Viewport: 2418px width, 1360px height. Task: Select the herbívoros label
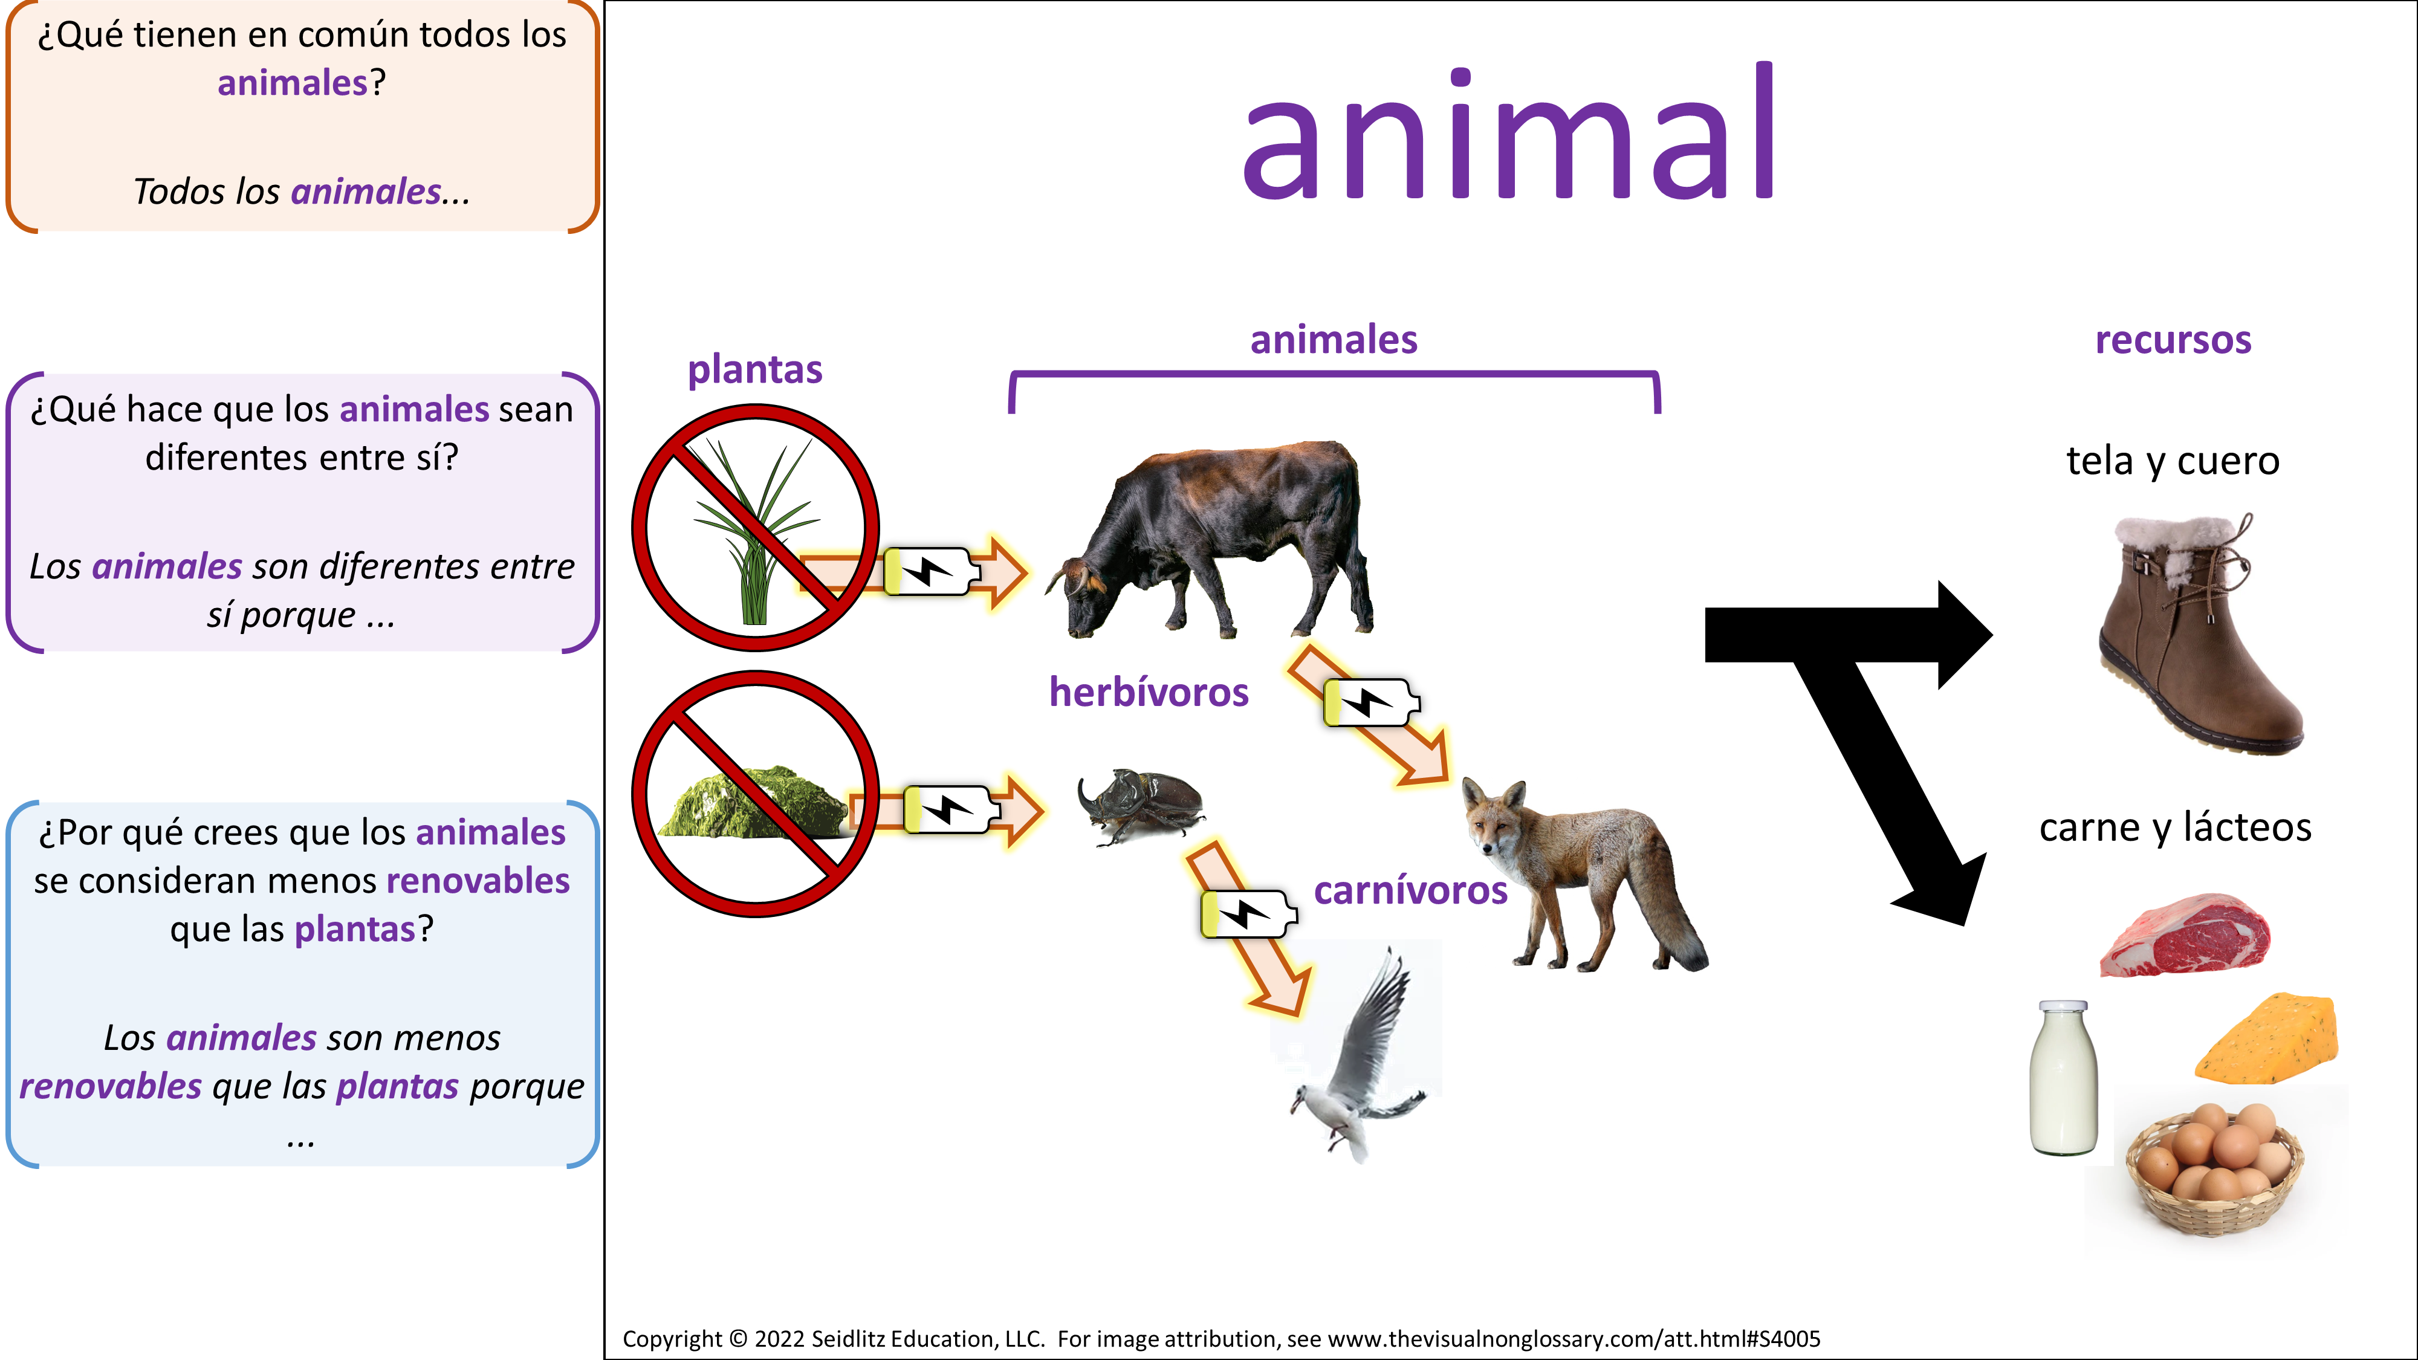1149,691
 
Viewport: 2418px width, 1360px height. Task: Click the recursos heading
2173,340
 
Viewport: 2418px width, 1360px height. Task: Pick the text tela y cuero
2173,461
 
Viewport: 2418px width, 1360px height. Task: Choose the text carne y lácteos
2175,827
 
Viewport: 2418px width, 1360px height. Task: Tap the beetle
1141,805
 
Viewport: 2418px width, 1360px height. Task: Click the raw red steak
2184,935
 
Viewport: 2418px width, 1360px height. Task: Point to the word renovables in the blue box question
478,881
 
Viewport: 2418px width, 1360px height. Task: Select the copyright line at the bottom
1221,1338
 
